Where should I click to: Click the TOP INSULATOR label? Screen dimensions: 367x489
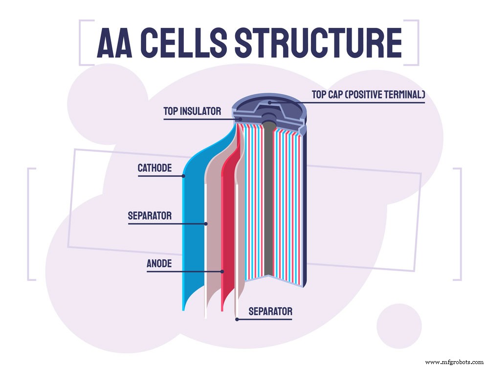pos(192,112)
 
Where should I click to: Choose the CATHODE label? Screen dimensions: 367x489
pos(155,169)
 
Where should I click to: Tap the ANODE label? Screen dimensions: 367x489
pos(159,264)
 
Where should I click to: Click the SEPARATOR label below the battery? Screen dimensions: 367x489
pos(270,311)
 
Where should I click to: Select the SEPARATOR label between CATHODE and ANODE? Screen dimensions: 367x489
pos(150,215)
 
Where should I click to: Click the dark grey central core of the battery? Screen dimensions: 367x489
pos(268,206)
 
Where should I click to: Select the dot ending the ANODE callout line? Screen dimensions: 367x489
pos(222,271)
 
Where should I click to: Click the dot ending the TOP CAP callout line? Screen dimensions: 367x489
pos(269,102)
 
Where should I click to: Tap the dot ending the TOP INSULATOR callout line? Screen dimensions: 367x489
pos(240,118)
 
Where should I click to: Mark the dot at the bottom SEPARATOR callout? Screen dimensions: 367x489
pos(237,319)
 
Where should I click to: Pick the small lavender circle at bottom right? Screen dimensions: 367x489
pos(399,325)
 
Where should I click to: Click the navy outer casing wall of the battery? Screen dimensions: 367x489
pos(305,206)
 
